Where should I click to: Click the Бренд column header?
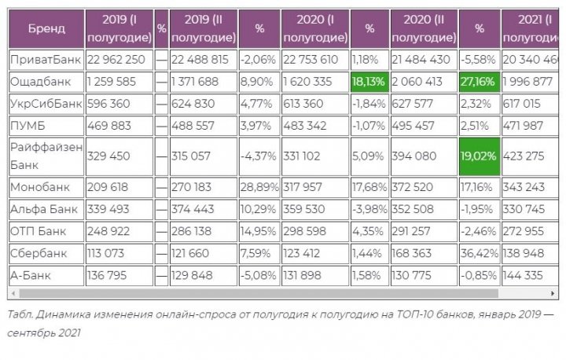point(46,28)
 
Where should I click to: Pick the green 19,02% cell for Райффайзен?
point(479,156)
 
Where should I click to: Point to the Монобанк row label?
point(40,187)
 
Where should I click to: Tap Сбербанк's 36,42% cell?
point(479,254)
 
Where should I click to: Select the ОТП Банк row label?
point(38,232)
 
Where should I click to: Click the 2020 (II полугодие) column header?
point(424,28)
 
